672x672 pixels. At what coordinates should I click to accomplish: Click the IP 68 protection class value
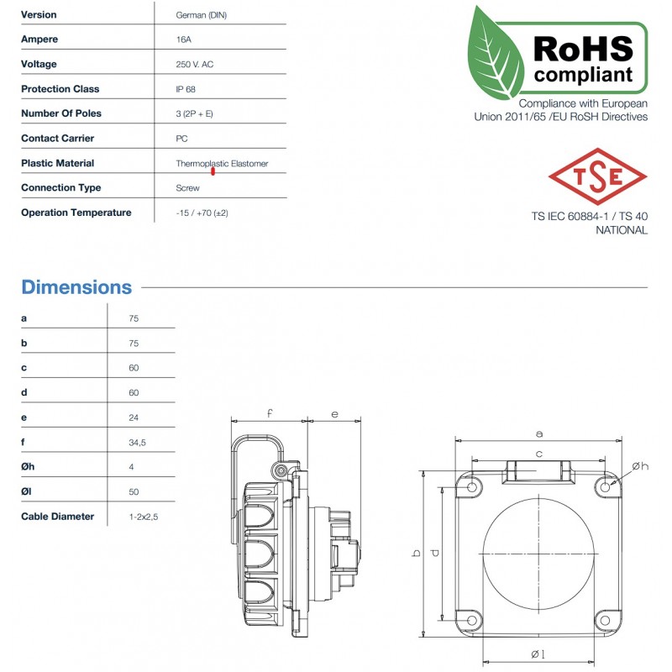(186, 89)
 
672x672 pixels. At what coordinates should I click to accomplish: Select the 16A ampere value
(183, 39)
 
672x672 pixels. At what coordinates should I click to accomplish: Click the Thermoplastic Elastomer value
(222, 164)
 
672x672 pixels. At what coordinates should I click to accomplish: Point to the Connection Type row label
(60, 188)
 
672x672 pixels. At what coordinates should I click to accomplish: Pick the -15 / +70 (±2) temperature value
(202, 213)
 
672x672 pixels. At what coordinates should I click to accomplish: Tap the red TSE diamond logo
(597, 176)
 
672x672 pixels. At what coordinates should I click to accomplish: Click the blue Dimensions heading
(76, 287)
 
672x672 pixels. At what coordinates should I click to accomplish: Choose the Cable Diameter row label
(57, 517)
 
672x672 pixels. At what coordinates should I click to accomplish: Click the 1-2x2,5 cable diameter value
(143, 517)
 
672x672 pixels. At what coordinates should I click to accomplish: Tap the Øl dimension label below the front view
(538, 654)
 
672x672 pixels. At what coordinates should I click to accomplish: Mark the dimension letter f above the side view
(269, 413)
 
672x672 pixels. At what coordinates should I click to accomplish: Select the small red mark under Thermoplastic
(213, 171)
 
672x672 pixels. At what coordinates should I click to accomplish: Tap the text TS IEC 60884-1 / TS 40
(589, 216)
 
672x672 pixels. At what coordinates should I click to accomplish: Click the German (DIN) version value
(201, 15)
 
